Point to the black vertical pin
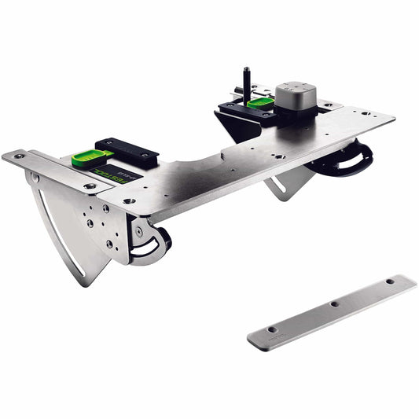point(245,81)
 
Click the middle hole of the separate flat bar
point(334,303)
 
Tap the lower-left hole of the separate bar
point(272,330)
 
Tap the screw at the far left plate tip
point(17,156)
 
